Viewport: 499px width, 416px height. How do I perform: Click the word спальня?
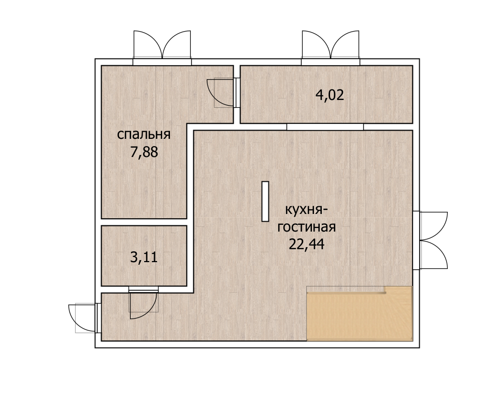pyautogui.click(x=144, y=135)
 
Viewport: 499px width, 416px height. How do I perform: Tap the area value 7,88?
pyautogui.click(x=144, y=152)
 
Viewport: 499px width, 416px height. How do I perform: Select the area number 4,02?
pyautogui.click(x=330, y=95)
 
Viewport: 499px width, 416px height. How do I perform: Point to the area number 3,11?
pyautogui.click(x=144, y=257)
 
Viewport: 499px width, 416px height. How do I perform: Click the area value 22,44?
pyautogui.click(x=306, y=244)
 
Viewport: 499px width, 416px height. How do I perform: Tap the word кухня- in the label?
pyautogui.click(x=306, y=210)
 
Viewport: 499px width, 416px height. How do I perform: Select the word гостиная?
pyautogui.click(x=307, y=227)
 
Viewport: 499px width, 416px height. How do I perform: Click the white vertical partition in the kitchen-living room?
pyautogui.click(x=265, y=201)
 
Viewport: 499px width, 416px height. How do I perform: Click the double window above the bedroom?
pyautogui.click(x=162, y=48)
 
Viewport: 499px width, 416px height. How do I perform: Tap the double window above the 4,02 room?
pyautogui.click(x=331, y=48)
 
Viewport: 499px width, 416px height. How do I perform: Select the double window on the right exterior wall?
pyautogui.click(x=430, y=240)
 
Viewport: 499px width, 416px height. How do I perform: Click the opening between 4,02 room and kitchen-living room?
pyautogui.click(x=325, y=127)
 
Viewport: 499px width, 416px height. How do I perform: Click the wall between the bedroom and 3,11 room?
pyautogui.click(x=144, y=222)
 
